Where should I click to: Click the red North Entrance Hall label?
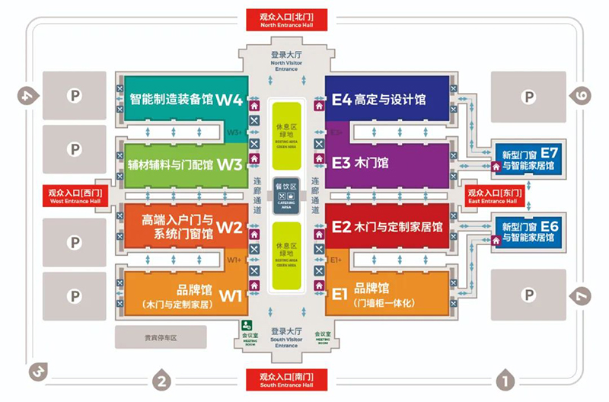click(x=286, y=19)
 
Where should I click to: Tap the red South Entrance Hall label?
click(x=286, y=380)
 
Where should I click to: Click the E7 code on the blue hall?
click(x=550, y=151)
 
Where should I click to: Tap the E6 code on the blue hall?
click(x=550, y=225)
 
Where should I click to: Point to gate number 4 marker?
click(x=27, y=96)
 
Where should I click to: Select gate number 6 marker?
click(x=582, y=96)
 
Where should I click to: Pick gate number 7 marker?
click(x=582, y=295)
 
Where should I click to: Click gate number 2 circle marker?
click(x=161, y=379)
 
